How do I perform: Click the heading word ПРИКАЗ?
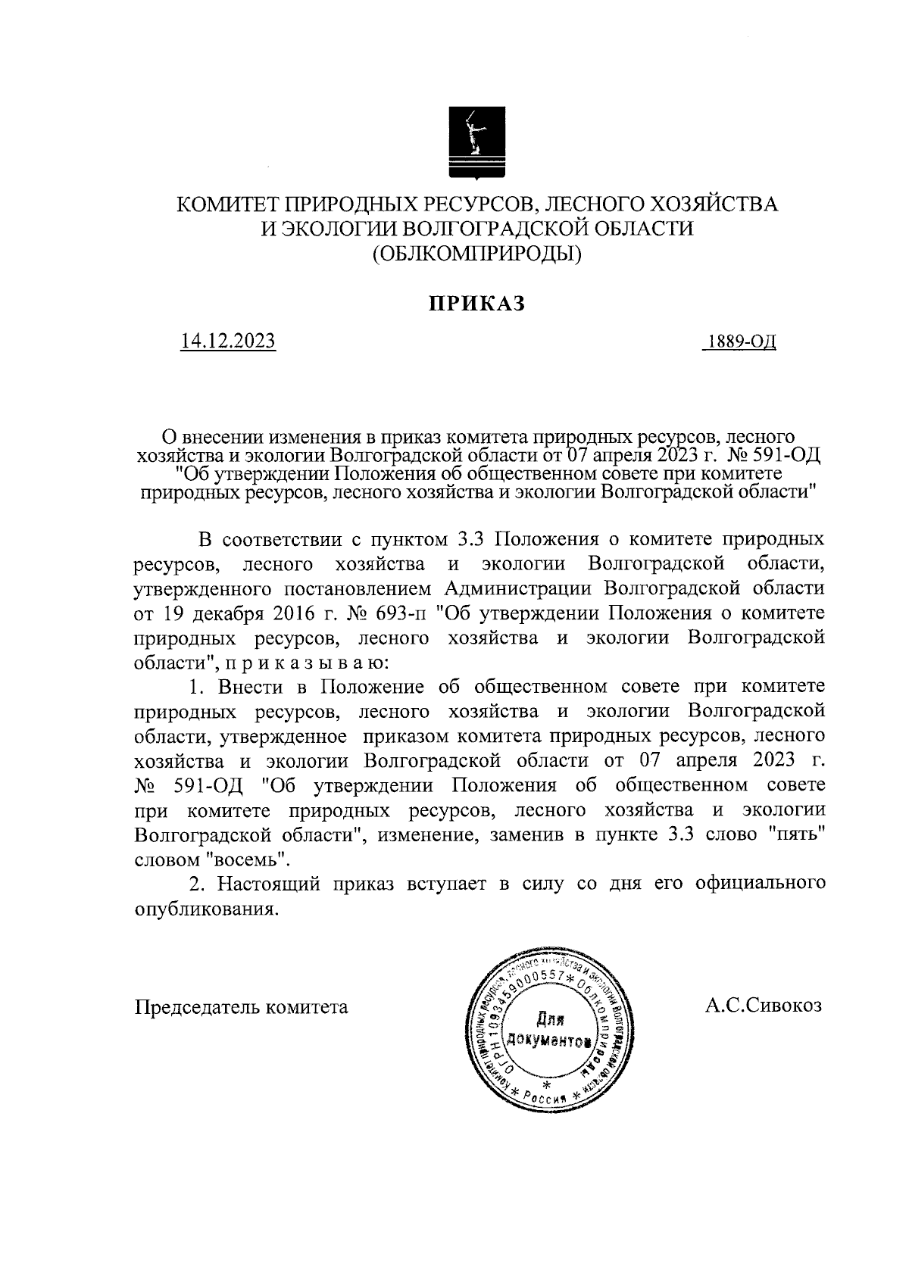tap(477, 302)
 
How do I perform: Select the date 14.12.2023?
tap(227, 342)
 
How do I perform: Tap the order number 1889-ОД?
tap(740, 342)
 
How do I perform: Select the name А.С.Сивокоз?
tap(763, 1006)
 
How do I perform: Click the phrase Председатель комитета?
tap(242, 1007)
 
